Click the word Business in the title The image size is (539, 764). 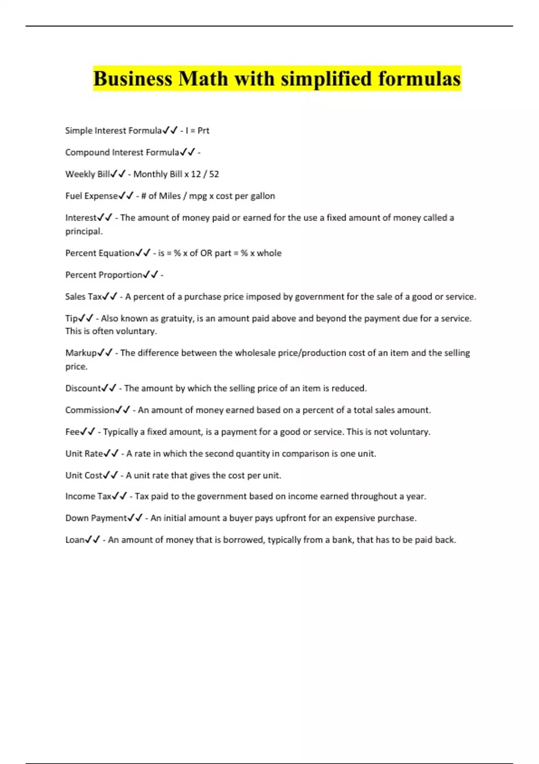133,79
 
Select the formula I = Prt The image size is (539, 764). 197,131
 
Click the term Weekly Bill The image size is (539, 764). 88,174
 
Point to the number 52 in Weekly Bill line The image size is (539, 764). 214,174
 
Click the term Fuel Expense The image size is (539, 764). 92,196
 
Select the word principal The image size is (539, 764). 84,231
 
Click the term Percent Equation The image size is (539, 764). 100,253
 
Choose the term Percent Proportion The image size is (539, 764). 104,275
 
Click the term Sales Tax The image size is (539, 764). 84,297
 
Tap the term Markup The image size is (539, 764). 81,353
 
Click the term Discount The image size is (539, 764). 83,388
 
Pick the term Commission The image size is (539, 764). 90,410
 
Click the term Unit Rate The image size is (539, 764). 84,453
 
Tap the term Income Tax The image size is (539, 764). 88,497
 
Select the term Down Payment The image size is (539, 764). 96,518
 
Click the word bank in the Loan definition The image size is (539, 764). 341,540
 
